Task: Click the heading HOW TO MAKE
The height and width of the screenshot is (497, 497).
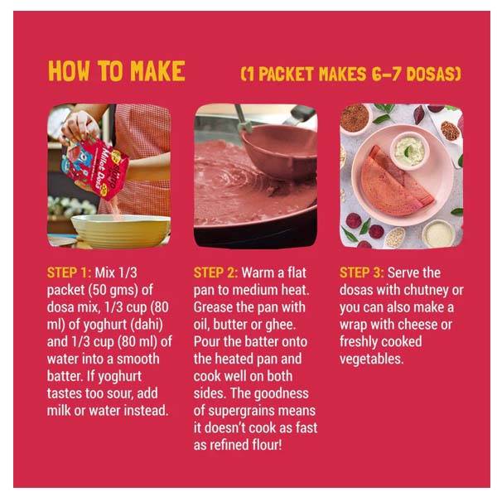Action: [116, 71]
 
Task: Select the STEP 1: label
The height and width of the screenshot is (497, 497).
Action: [69, 273]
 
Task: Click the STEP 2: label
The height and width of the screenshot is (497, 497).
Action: [215, 273]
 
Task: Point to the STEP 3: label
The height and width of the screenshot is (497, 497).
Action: [362, 273]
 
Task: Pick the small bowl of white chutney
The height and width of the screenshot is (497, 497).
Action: [409, 152]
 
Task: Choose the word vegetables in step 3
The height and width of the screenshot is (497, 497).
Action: [371, 359]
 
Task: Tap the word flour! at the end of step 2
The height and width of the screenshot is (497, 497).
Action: [267, 445]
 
